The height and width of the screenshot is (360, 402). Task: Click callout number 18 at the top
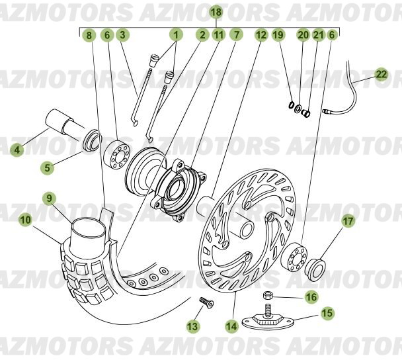[x=216, y=12]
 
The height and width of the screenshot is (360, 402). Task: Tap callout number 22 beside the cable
[x=382, y=75]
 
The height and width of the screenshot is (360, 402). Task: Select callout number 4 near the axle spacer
[x=17, y=150]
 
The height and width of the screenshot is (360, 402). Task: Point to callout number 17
[x=348, y=221]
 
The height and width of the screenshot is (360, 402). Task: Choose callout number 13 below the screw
[x=192, y=326]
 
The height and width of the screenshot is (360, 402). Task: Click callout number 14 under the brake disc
[x=231, y=326]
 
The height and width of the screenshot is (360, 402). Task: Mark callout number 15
[x=327, y=313]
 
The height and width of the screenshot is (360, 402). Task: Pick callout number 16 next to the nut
[x=311, y=297]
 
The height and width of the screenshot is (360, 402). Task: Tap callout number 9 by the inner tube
[x=49, y=198]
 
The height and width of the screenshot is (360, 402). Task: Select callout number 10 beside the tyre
[x=26, y=220]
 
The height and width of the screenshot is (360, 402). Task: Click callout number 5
[x=48, y=168]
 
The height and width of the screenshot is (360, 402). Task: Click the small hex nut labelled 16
[x=267, y=295]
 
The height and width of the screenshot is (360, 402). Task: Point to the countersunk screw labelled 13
[x=206, y=302]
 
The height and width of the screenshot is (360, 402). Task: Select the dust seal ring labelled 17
[x=315, y=270]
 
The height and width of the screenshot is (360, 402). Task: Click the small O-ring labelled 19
[x=291, y=105]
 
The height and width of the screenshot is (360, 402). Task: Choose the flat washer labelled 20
[x=298, y=109]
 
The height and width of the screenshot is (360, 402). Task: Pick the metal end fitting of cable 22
[x=327, y=111]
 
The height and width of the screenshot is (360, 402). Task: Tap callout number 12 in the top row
[x=261, y=35]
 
